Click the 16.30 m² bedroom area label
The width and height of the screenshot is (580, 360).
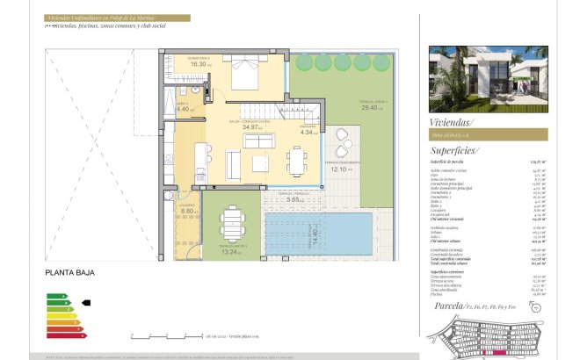point(199,64)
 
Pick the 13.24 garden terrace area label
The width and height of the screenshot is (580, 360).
point(231,251)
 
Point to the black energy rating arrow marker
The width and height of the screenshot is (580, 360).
point(85,301)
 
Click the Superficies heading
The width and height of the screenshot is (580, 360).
point(454,151)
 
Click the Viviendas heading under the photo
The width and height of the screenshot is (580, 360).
point(451,123)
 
